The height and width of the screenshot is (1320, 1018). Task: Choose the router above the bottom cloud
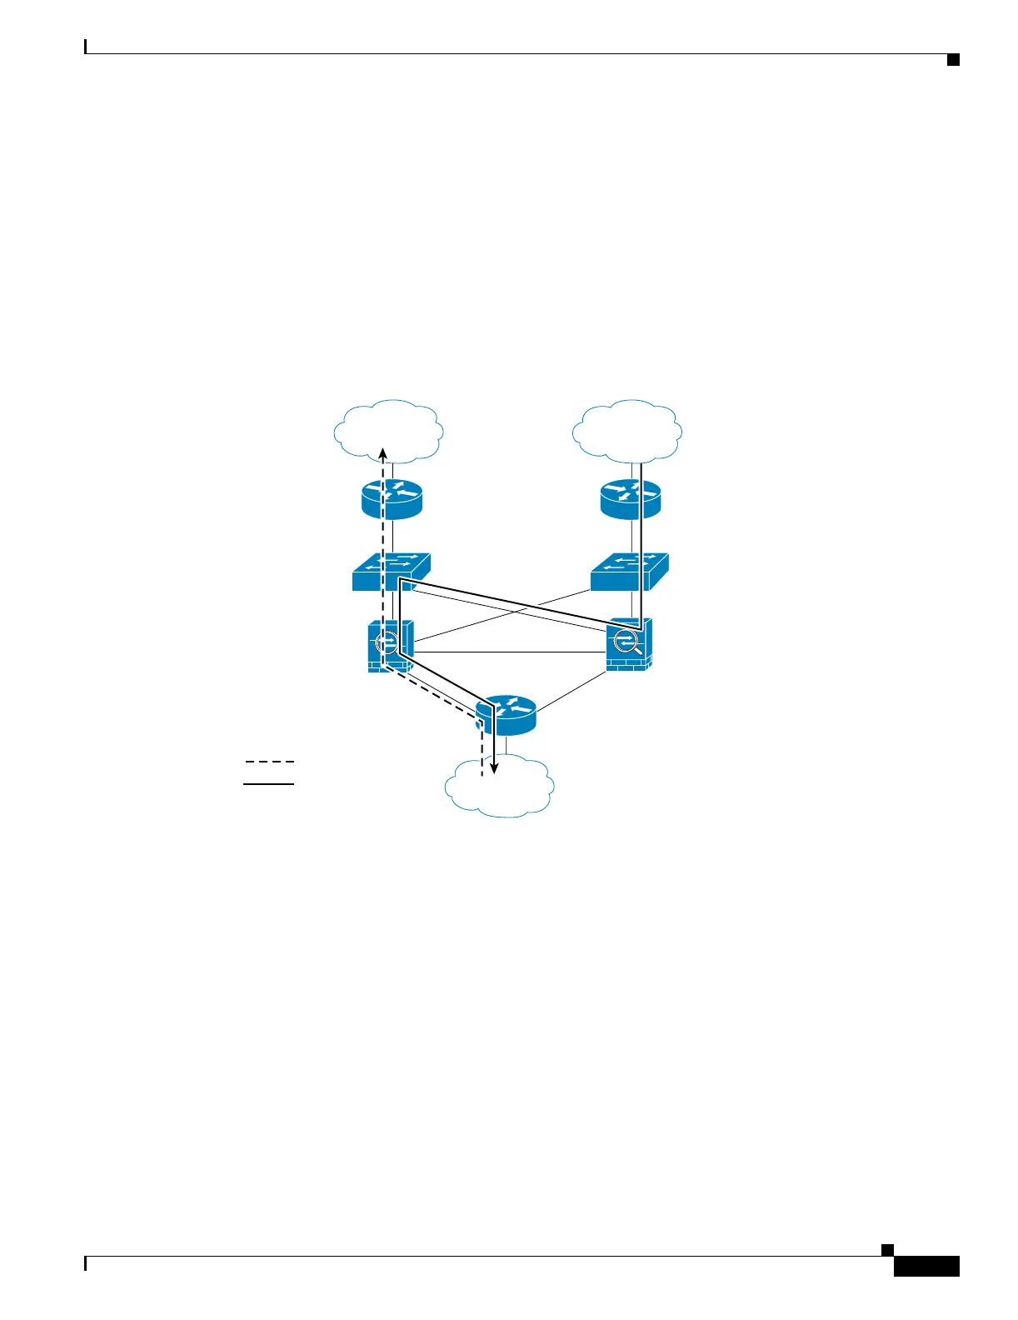pos(506,715)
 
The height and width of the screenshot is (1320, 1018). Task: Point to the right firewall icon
pos(630,644)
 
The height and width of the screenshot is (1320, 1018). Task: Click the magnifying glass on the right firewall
pos(627,642)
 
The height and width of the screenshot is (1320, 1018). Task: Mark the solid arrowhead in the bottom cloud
pos(494,768)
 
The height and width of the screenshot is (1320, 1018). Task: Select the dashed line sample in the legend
pos(269,762)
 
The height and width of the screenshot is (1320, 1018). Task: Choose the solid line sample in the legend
pos(269,784)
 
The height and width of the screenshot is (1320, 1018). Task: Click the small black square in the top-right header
pos(953,59)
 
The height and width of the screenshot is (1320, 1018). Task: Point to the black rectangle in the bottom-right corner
pos(926,1266)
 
